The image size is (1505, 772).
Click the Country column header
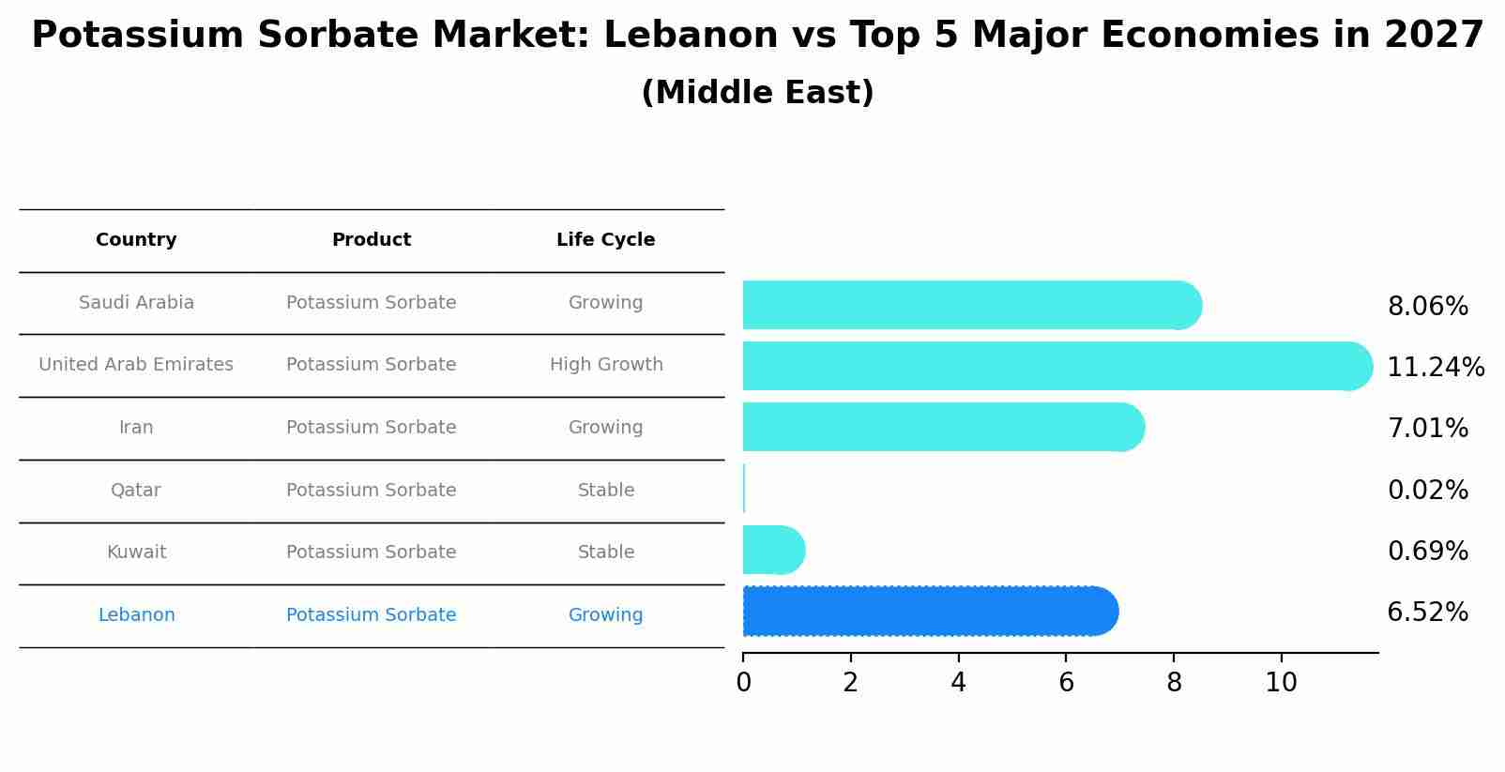136,240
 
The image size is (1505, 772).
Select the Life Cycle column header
605,240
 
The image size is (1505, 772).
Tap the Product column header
371,240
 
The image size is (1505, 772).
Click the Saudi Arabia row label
136,303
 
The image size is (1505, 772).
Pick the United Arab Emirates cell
136,365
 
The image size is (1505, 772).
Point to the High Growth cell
606,365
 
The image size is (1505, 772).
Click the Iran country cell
136,428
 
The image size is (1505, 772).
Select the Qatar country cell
136,491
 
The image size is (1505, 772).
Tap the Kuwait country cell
136,553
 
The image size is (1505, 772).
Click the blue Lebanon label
136,615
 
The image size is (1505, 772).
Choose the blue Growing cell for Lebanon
605,615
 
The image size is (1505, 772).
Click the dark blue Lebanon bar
929,612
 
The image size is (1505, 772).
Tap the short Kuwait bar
772,551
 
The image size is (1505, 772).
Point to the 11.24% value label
1435,368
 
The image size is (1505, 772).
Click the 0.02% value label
1427,491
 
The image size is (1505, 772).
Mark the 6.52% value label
1427,613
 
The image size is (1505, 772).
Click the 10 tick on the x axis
1281,683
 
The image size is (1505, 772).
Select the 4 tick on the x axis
958,683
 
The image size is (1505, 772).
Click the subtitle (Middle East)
757,93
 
